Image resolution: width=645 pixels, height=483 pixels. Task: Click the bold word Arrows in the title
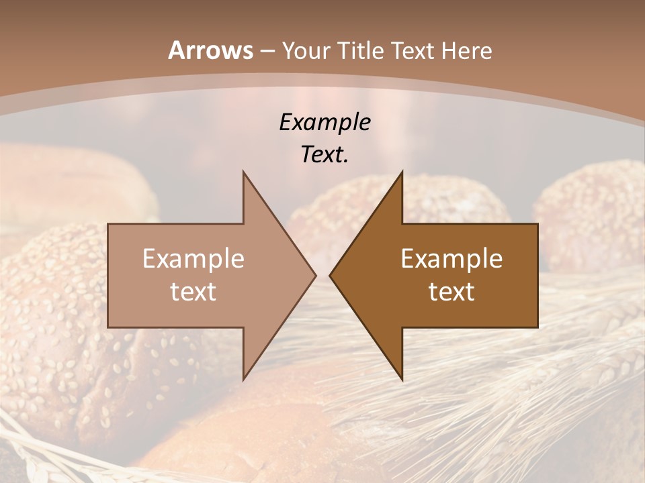click(x=210, y=50)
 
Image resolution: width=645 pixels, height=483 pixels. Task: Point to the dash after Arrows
click(x=267, y=52)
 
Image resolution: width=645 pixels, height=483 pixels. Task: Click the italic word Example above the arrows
click(x=325, y=123)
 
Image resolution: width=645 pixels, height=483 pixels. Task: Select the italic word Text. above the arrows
click(x=325, y=155)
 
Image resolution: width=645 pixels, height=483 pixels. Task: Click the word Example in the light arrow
click(x=193, y=259)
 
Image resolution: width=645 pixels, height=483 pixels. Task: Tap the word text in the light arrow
click(x=193, y=292)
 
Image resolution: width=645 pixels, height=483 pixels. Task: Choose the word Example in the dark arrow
click(x=451, y=259)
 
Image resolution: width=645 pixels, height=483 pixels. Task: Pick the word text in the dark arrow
click(x=451, y=292)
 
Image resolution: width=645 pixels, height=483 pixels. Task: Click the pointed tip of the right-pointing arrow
click(x=316, y=275)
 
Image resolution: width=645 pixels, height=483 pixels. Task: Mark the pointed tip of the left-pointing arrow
click(x=330, y=275)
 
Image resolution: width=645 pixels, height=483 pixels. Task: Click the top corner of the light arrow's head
click(x=243, y=172)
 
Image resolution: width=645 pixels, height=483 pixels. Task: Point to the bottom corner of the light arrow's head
click(x=243, y=380)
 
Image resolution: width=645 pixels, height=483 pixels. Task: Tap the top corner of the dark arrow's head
click(x=402, y=172)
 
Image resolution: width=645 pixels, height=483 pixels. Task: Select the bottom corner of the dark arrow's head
click(x=402, y=380)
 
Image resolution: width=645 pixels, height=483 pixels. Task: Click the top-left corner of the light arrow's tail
click(x=108, y=224)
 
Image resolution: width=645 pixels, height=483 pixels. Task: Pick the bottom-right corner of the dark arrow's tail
click(x=537, y=327)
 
